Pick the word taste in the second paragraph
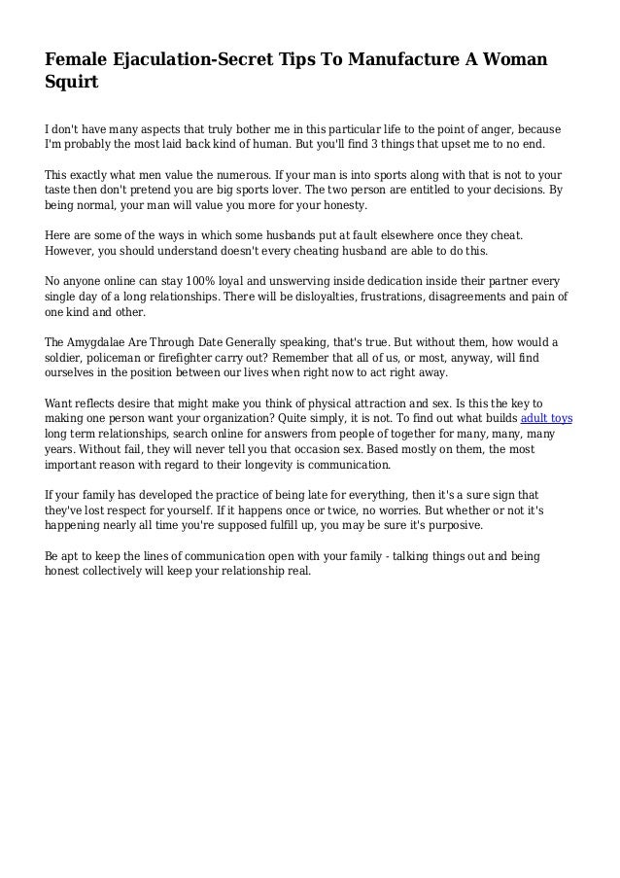60,192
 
